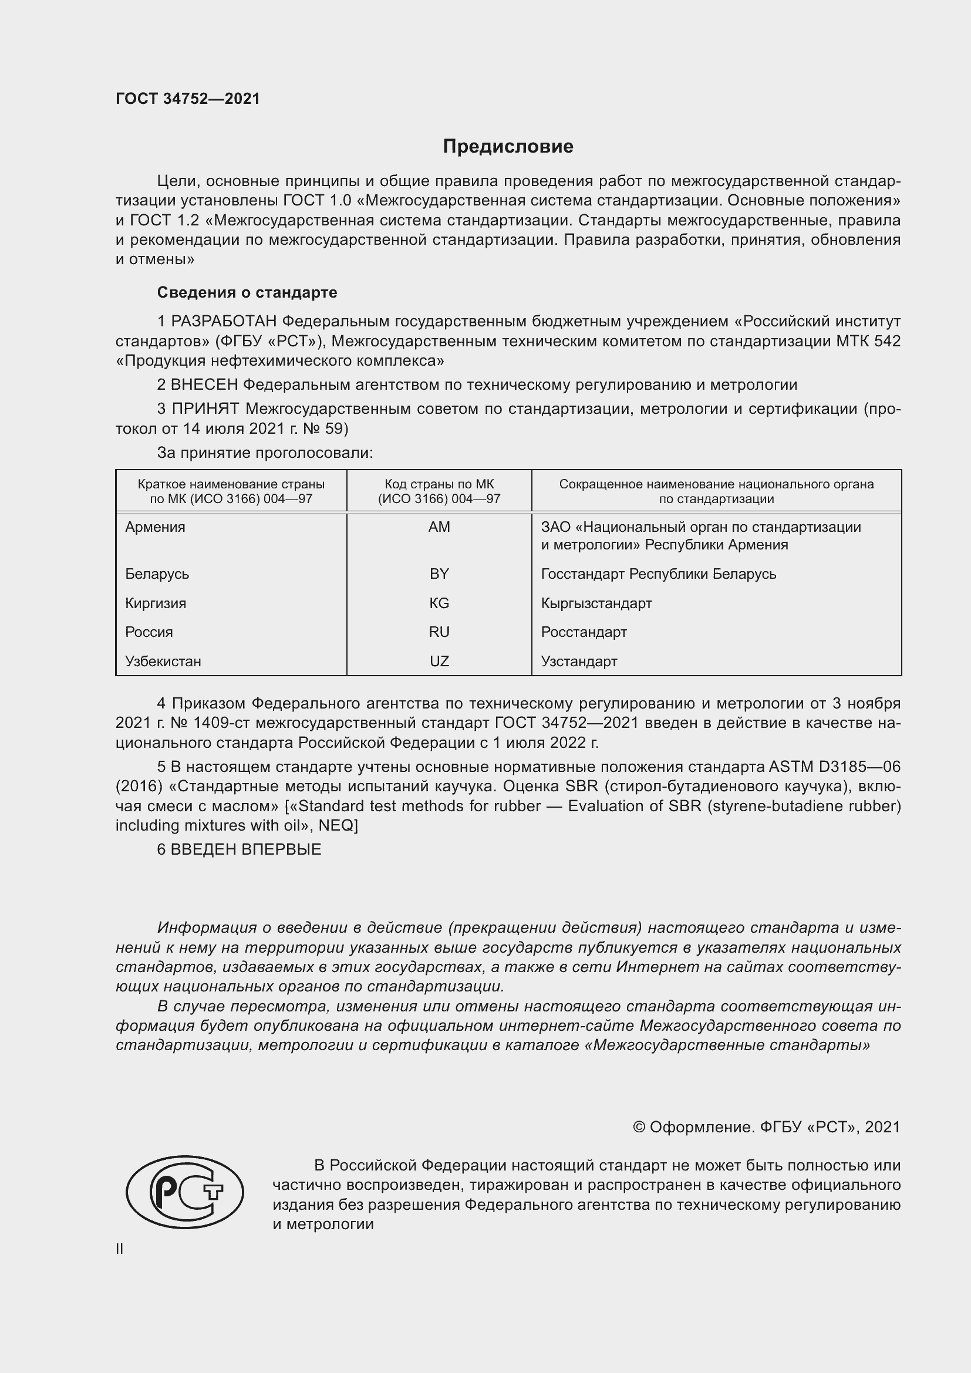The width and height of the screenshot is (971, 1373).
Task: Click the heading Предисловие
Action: point(508,147)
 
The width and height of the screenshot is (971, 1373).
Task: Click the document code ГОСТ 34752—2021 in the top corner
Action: point(188,99)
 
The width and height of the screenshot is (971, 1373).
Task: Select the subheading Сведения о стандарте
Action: point(247,292)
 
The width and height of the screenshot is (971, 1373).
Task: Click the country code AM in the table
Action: point(439,527)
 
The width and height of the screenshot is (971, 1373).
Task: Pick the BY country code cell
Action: point(439,574)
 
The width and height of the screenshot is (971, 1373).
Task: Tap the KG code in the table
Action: point(439,603)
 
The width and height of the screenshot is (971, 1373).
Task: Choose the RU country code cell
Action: point(439,632)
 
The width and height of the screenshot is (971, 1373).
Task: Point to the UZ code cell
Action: point(439,661)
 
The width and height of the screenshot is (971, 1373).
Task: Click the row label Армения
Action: point(155,527)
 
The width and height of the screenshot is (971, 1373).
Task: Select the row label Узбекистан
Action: point(163,661)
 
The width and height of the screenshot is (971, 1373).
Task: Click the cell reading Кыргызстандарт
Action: point(596,603)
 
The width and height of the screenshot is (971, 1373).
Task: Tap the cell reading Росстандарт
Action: point(584,632)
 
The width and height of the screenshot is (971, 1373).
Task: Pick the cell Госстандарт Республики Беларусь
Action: point(658,574)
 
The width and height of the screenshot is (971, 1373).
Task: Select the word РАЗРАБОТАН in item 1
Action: point(224,322)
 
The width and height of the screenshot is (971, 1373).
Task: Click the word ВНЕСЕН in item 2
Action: point(204,384)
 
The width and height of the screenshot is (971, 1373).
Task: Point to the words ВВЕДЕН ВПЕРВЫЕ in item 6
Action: point(246,849)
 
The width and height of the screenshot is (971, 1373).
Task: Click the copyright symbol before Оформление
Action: point(639,1127)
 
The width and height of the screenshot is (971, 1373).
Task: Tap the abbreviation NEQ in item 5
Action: point(335,825)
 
